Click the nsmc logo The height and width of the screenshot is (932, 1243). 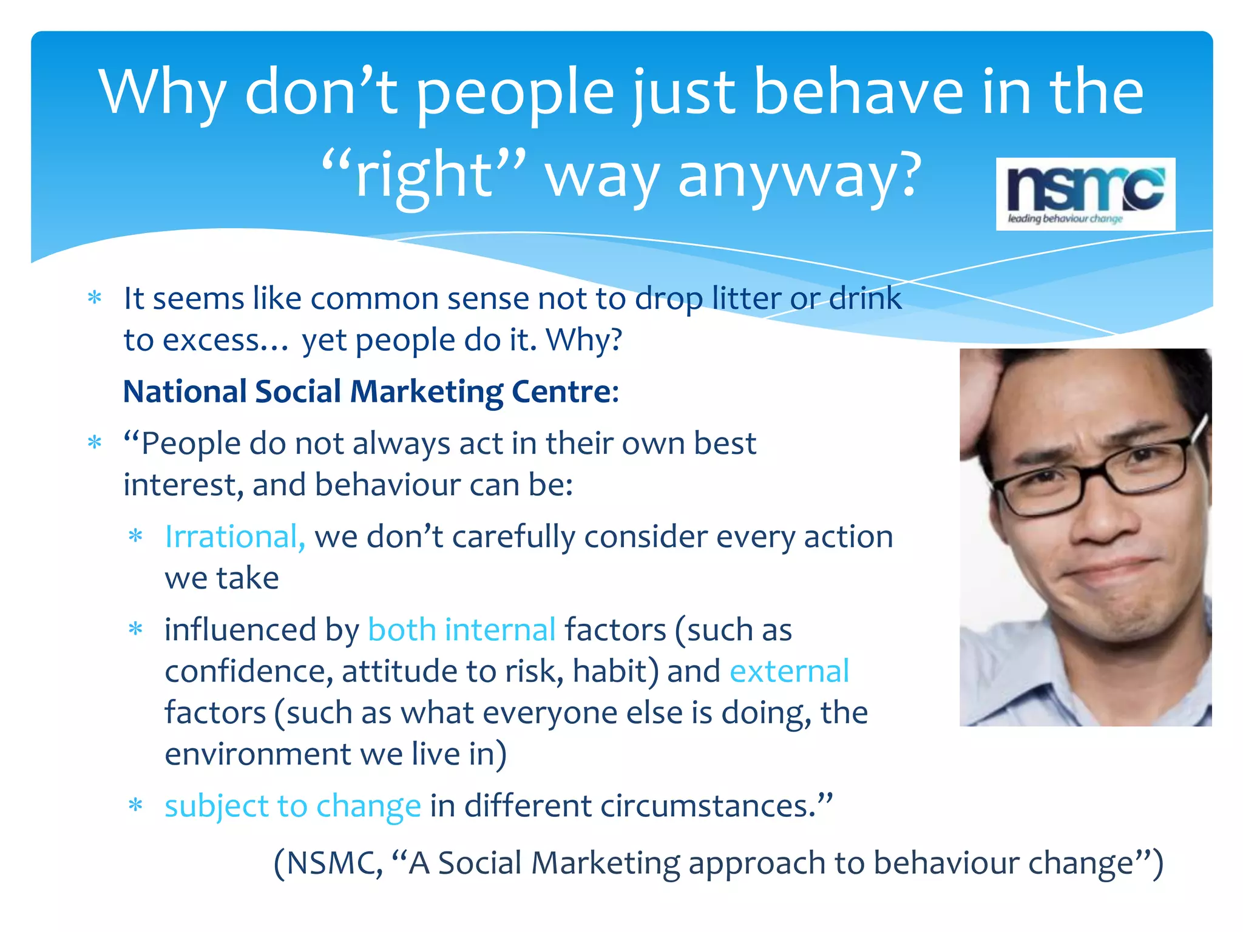tap(1085, 194)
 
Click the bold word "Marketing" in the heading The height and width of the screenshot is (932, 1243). tap(427, 391)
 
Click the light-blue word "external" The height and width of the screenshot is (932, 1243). tap(789, 671)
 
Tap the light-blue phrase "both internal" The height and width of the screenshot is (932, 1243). tap(462, 630)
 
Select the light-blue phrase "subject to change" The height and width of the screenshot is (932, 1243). tap(293, 806)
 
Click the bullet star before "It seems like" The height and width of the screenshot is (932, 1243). tap(95, 298)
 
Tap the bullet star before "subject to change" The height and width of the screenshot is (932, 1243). tap(135, 806)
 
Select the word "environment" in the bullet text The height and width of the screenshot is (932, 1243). tap(258, 754)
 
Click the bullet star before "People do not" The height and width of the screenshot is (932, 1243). tap(95, 442)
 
